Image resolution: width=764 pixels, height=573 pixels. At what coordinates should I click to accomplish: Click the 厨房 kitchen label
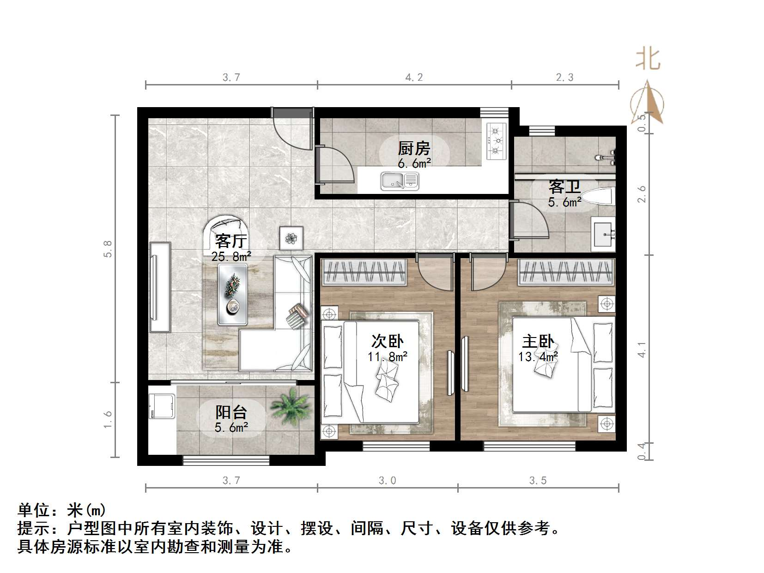414,149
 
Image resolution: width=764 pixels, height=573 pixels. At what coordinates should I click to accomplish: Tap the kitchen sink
400,181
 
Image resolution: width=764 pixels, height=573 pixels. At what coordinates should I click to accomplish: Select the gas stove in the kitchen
497,141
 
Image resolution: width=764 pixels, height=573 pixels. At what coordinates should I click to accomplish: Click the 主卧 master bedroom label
538,342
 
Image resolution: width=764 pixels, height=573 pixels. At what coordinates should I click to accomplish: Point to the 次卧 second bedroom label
387,341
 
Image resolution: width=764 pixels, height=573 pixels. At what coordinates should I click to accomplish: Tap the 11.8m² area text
387,356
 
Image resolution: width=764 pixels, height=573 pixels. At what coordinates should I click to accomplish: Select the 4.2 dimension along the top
414,78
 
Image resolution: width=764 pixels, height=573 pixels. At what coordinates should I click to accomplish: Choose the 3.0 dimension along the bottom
387,481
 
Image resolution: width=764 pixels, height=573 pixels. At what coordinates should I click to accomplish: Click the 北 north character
648,59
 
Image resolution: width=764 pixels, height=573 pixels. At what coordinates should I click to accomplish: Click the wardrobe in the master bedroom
566,272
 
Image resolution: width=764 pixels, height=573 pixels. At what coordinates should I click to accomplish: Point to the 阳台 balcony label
231,412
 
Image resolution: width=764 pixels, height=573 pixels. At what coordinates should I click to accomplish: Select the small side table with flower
291,238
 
